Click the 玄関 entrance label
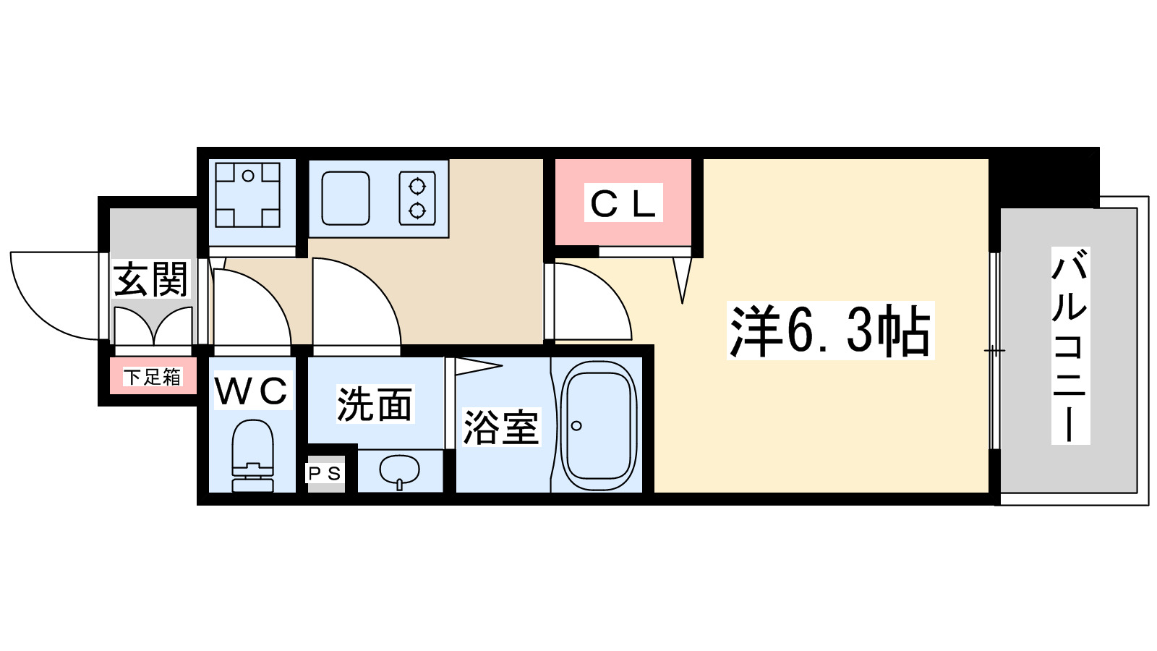pos(150,279)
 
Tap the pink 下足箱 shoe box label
pos(152,377)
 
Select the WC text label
pos(252,392)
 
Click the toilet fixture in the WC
pos(253,456)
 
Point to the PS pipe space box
pos(325,474)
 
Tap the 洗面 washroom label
pos(374,404)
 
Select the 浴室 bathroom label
pos(500,427)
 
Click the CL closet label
pos(623,203)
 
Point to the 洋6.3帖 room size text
pos(830,331)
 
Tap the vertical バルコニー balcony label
pos(1070,346)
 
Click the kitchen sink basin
pos(345,198)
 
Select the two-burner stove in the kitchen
pos(417,198)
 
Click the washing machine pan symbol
pos(247,195)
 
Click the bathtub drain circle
pos(576,425)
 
